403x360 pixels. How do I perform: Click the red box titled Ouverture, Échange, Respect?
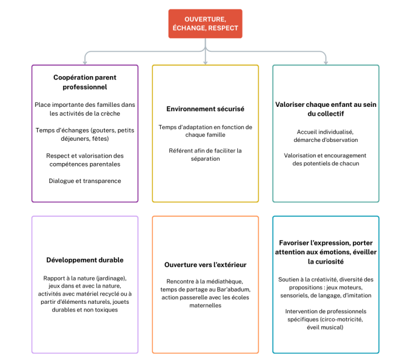205,24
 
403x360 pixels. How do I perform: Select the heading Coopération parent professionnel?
85,82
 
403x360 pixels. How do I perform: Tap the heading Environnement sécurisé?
205,109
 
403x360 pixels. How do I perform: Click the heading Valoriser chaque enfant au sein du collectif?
326,109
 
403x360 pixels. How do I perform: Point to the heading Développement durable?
85,260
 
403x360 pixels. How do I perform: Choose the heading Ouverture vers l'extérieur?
205,265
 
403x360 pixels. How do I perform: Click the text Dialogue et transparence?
85,181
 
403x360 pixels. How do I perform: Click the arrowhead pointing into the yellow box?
205,62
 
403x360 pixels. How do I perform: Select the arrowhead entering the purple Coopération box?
85,62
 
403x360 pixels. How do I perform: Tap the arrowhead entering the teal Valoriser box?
326,62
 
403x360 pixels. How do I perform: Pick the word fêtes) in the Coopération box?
100,139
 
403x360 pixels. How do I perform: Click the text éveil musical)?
325,327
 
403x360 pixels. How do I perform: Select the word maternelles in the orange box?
205,305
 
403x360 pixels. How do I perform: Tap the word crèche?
111,114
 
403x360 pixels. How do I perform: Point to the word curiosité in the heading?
330,262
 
